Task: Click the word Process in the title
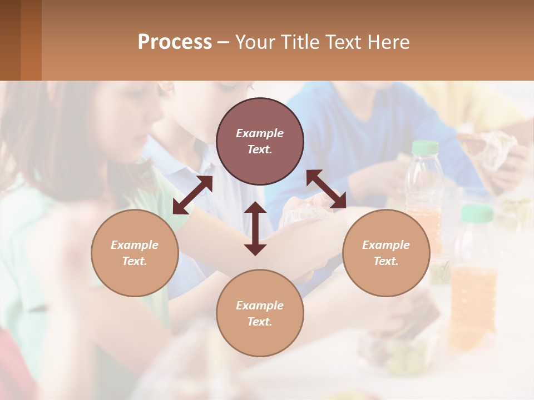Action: [175, 42]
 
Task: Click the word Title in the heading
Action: [301, 42]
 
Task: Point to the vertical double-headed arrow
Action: [255, 228]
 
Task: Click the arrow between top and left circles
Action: [192, 195]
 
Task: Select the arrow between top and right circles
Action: [327, 189]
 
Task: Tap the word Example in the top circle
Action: [260, 133]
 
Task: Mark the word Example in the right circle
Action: [386, 245]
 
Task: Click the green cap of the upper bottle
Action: [426, 147]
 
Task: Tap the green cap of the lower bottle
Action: [477, 213]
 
